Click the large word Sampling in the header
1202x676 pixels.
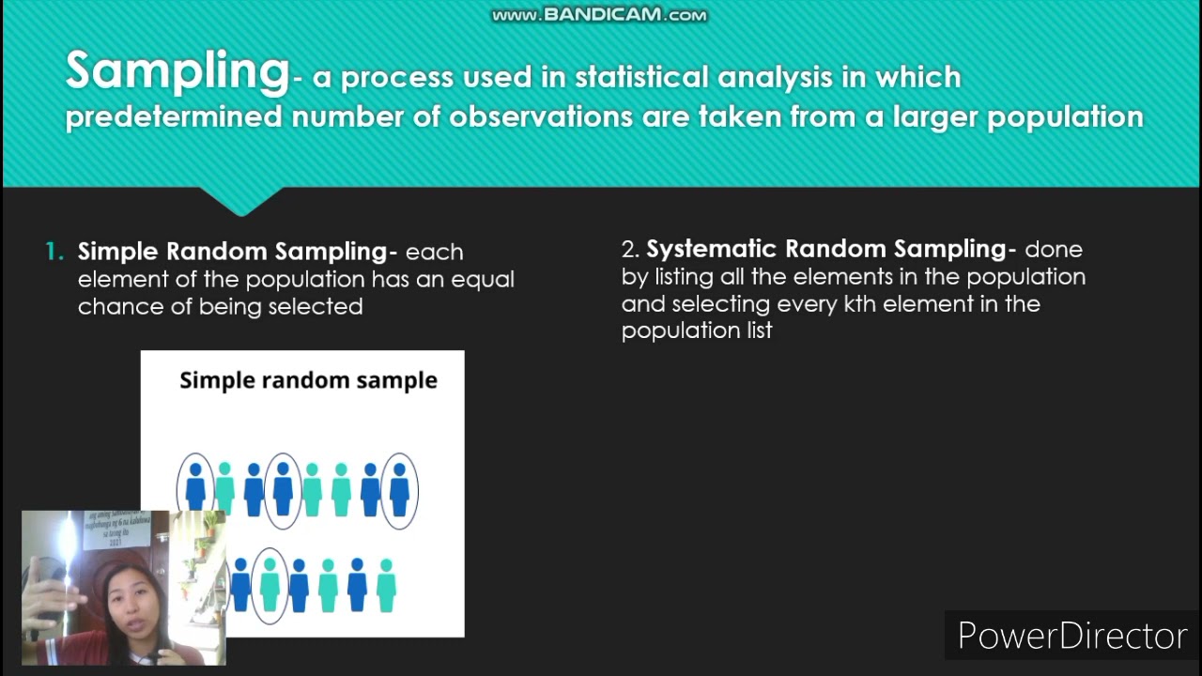click(x=177, y=72)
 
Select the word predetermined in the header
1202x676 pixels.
click(x=174, y=116)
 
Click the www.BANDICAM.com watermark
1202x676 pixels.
click(x=599, y=15)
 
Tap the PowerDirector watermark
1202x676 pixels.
click(x=1072, y=636)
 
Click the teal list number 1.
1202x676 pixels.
click(x=54, y=252)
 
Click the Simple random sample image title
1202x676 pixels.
click(x=308, y=380)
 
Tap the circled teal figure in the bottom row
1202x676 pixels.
click(x=270, y=585)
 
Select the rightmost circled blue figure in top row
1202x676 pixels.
click(x=399, y=489)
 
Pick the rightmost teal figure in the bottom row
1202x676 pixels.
click(x=386, y=585)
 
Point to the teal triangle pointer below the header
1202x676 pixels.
click(x=241, y=201)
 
